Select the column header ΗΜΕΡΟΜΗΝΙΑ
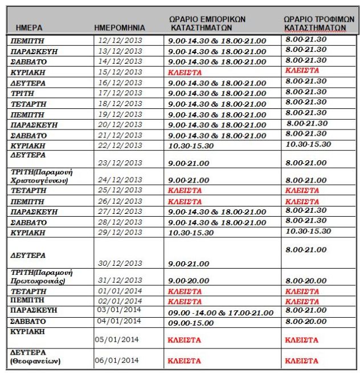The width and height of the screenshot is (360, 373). (120, 27)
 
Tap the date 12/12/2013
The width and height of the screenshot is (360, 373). (120, 40)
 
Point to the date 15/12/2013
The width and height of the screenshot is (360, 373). (120, 71)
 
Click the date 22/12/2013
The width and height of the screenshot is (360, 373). (120, 145)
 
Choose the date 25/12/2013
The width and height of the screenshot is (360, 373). (120, 189)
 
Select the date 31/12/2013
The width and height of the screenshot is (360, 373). (120, 281)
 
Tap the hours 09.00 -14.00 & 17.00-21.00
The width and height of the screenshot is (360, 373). (221, 313)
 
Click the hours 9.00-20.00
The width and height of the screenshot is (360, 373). (189, 281)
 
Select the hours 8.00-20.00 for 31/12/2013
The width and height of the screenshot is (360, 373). (306, 281)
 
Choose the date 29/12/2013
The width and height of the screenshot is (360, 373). (120, 233)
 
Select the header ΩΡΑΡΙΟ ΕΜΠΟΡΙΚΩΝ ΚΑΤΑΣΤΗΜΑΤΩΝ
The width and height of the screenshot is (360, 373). (207, 23)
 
